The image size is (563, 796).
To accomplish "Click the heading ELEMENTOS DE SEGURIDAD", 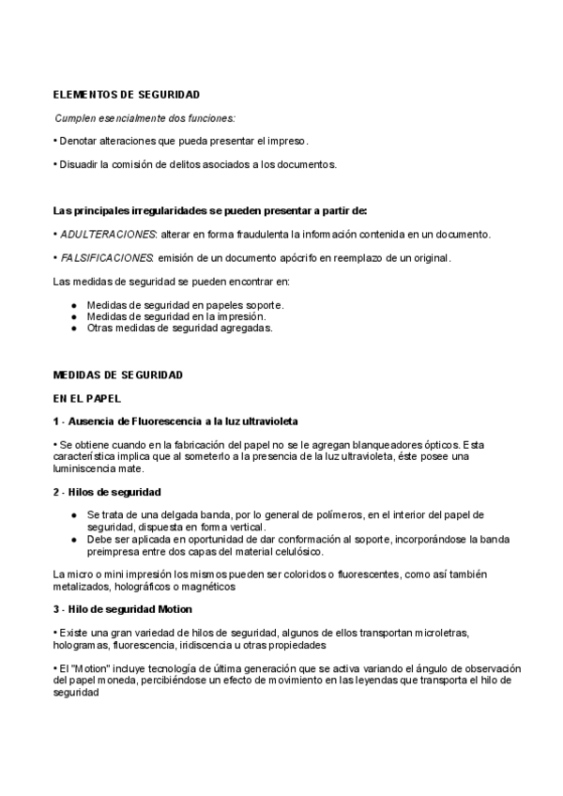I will (x=126, y=95).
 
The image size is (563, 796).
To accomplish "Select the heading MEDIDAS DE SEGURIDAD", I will (x=118, y=375).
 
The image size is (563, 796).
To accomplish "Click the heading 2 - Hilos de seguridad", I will (x=108, y=492).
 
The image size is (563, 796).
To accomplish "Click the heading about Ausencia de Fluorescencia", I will (x=176, y=421).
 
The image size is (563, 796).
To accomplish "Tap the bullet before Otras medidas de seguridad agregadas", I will (x=74, y=329).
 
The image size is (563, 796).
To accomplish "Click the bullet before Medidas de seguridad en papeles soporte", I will (x=74, y=306).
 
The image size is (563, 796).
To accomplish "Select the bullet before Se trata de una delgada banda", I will (x=74, y=515).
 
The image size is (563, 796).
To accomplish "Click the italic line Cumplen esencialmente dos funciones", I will (x=145, y=118).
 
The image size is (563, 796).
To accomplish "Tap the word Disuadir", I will (x=79, y=164).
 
